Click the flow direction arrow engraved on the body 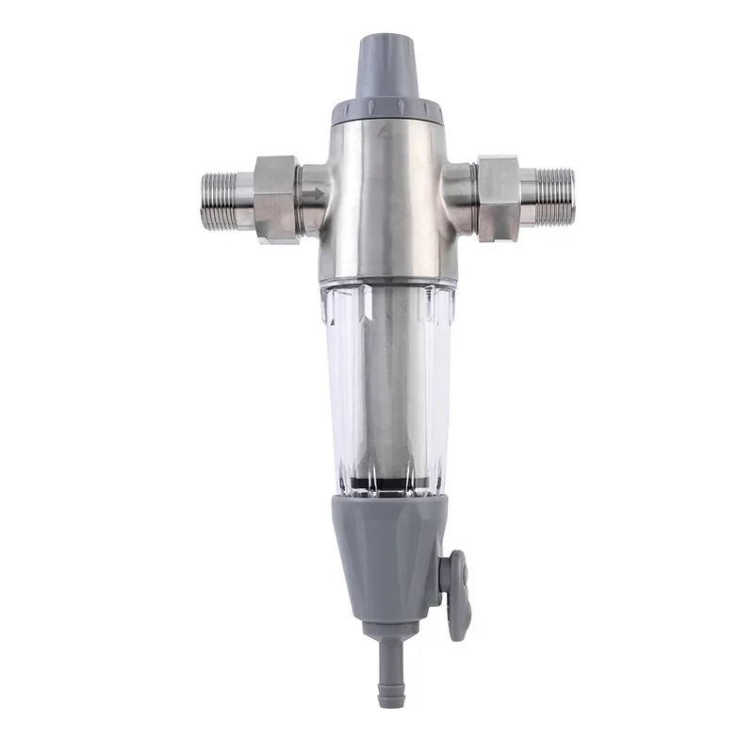click(x=315, y=195)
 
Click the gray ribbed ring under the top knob click(x=387, y=113)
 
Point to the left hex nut click(x=276, y=199)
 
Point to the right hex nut click(x=498, y=199)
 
